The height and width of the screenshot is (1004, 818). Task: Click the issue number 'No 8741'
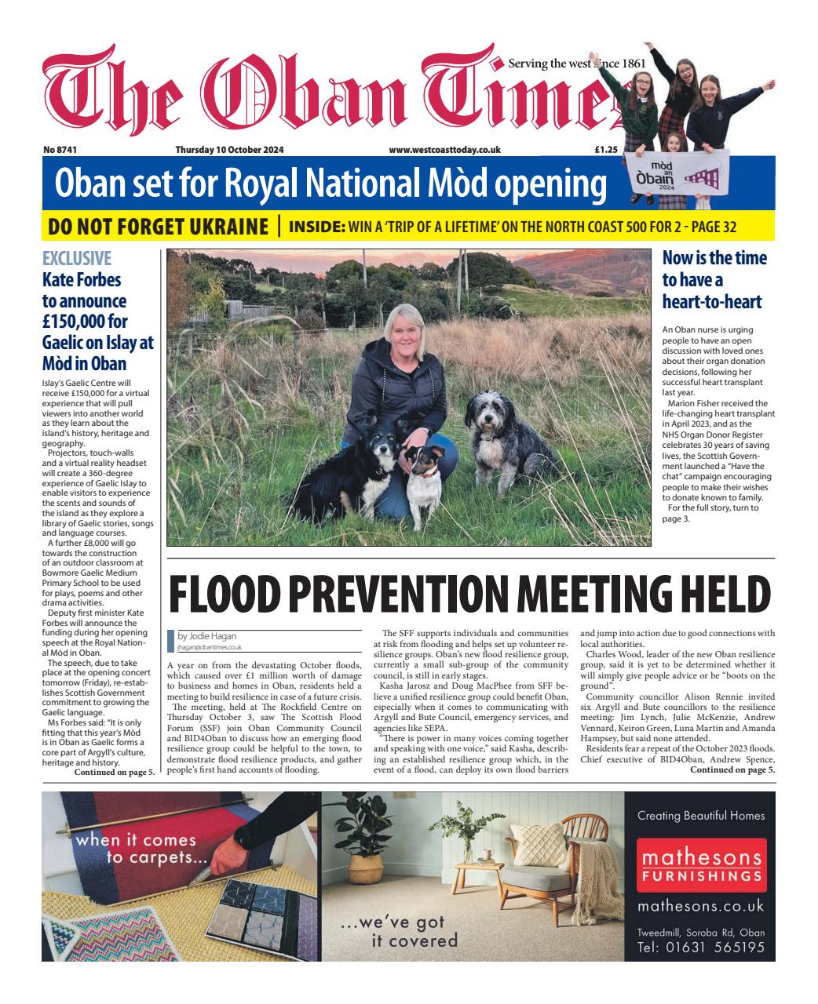[59, 149]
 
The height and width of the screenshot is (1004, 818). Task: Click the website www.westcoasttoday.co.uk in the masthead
[444, 149]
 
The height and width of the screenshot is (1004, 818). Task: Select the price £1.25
[606, 149]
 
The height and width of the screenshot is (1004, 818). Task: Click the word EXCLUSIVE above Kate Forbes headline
[76, 258]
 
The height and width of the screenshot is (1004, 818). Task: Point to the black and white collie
[373, 455]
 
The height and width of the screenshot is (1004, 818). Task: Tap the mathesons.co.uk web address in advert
[699, 907]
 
